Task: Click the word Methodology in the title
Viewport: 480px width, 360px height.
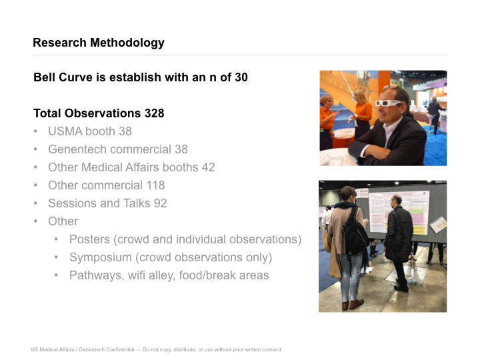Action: (127, 43)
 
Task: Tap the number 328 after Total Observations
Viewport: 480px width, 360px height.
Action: (154, 113)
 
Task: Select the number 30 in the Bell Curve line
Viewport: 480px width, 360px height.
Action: (241, 77)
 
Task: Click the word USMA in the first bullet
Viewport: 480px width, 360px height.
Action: (65, 131)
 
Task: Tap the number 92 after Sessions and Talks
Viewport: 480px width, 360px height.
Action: (160, 203)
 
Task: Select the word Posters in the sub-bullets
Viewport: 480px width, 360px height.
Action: (89, 239)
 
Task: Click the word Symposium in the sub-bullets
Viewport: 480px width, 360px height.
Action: (101, 257)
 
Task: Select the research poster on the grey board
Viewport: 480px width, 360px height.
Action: (399, 212)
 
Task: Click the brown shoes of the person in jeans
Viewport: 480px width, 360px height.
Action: (353, 304)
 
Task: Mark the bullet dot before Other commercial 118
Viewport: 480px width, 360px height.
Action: (36, 185)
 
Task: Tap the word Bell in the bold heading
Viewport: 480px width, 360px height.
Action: (45, 77)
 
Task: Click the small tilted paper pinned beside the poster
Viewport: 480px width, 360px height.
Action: (439, 225)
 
